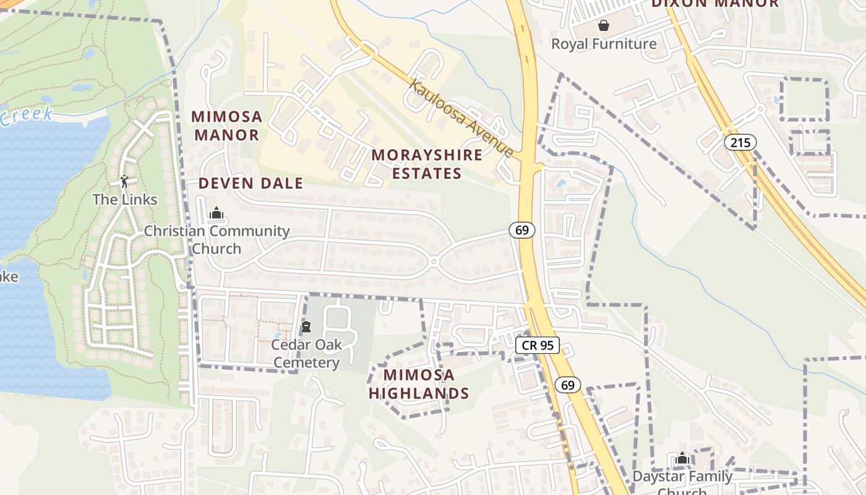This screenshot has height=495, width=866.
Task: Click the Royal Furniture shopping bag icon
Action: click(x=603, y=25)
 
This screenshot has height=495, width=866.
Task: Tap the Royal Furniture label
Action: click(x=604, y=44)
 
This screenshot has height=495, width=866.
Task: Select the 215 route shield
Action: click(x=740, y=143)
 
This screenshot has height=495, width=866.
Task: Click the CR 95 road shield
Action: click(x=537, y=345)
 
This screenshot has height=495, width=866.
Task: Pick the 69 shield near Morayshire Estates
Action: click(x=522, y=230)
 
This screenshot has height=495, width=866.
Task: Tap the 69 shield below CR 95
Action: click(x=567, y=385)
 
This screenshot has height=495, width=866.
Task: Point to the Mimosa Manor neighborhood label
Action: click(x=226, y=126)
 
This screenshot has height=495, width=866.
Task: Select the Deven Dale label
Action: click(x=251, y=183)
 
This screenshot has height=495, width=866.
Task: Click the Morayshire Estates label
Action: click(x=427, y=164)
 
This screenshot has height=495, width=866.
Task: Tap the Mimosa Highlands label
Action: click(x=419, y=384)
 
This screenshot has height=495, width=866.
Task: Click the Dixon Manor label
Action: click(x=715, y=4)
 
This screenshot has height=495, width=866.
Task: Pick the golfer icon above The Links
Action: click(x=124, y=181)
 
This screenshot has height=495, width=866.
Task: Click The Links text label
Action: click(x=125, y=200)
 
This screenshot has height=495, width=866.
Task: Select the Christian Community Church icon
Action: click(x=216, y=213)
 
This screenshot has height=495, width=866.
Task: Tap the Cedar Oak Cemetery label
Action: click(x=306, y=353)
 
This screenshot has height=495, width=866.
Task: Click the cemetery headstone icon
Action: click(x=306, y=327)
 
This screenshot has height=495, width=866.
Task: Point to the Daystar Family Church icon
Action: click(x=682, y=458)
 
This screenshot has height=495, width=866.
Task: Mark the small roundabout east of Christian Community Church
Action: click(x=434, y=262)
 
